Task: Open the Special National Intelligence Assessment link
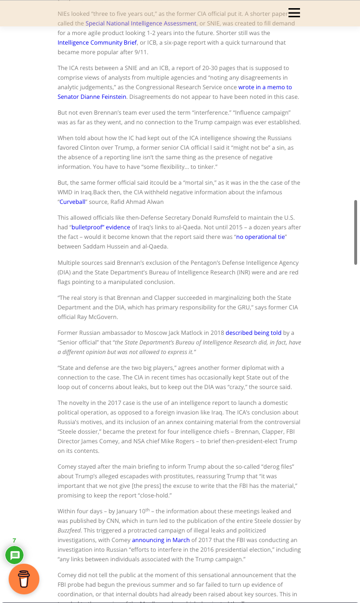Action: pos(141,23)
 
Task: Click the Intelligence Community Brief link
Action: pos(97,42)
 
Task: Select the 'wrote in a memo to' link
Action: pos(265,87)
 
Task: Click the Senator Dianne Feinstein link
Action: pos(92,96)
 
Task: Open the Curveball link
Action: pos(72,201)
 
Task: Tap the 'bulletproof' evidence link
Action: pos(101,227)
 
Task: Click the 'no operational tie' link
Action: pos(261,236)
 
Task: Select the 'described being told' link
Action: pos(253,332)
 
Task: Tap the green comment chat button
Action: pos(14,556)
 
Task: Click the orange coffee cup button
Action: pos(24,579)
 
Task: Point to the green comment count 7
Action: pos(14,540)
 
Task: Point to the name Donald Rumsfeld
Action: pos(208,217)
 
